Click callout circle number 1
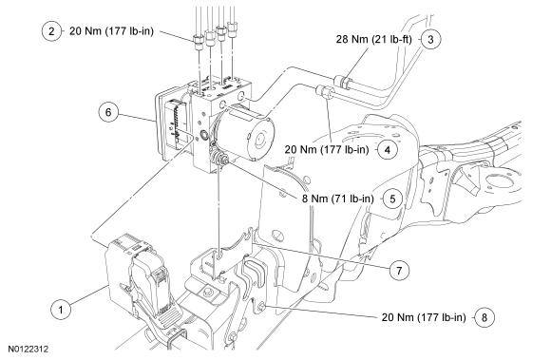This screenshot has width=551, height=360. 61,310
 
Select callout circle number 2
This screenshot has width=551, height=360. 51,31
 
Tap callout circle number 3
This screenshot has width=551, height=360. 430,39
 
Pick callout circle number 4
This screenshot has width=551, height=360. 388,150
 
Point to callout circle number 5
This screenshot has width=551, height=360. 392,199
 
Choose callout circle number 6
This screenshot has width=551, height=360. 108,112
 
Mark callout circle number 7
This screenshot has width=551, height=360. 399,271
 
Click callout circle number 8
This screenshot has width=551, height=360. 484,317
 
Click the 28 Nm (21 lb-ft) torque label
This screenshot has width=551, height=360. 373,39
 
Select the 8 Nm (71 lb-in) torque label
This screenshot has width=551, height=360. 338,199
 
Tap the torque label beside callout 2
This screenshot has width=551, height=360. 111,31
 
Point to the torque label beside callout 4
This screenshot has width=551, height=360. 327,150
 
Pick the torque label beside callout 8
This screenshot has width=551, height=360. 424,317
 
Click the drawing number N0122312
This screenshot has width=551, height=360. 28,350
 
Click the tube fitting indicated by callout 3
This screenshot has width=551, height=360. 343,82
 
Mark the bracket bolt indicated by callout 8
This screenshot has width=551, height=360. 261,307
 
